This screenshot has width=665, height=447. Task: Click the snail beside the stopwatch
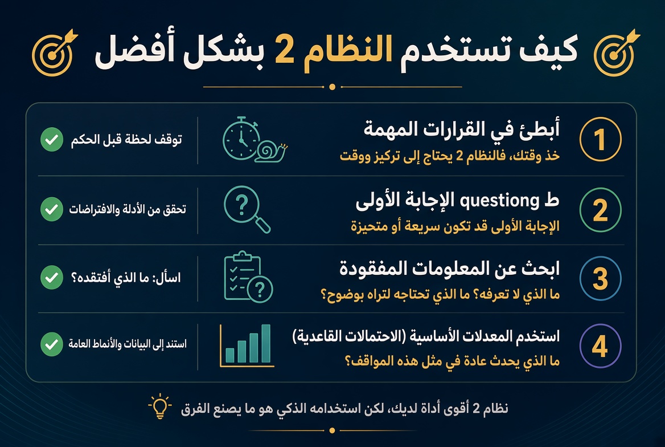tap(272, 152)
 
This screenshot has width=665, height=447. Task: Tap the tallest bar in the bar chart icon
tap(266, 343)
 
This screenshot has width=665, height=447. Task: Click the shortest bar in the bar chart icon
tap(230, 355)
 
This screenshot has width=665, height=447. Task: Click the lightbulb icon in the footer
tap(160, 407)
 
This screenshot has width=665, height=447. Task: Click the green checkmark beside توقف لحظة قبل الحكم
tap(52, 139)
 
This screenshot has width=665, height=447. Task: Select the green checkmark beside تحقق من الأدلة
tap(52, 209)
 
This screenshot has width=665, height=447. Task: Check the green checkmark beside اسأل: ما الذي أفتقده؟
tap(52, 278)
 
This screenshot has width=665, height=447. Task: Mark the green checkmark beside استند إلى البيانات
tap(52, 344)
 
